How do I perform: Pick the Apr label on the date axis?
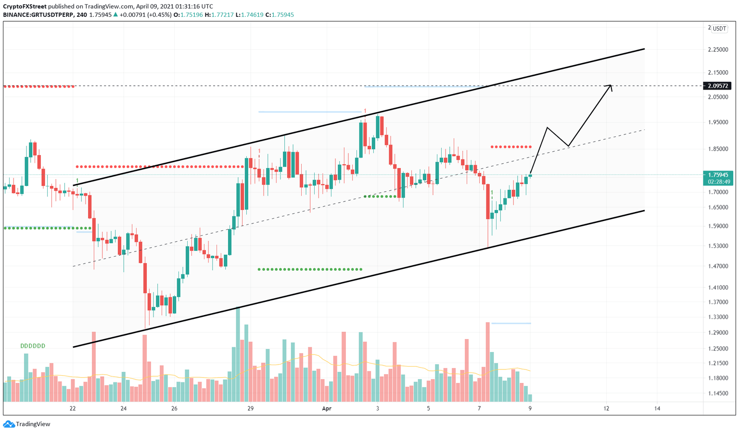pos(327,408)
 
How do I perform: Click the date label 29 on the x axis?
pos(250,408)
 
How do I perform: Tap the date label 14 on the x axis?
pos(657,408)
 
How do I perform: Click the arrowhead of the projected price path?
pos(610,86)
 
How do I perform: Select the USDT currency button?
pos(719,28)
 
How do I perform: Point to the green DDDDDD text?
pos(33,346)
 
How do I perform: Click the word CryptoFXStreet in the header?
pos(25,7)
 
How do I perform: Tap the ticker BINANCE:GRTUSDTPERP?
pos(38,15)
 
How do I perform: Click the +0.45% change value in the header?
pos(162,15)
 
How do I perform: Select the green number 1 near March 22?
pos(77,181)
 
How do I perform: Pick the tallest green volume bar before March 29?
pos(238,354)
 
